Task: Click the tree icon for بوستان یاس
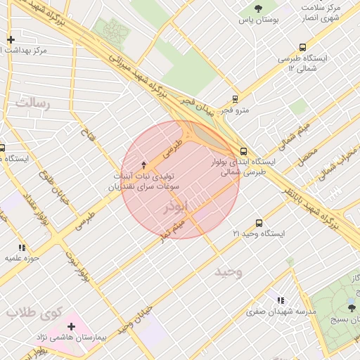(258, 9)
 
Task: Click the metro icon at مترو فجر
(235, 99)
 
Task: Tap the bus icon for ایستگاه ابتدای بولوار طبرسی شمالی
(243, 151)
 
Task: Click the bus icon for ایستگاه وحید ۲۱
(259, 223)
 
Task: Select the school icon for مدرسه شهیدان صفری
(281, 300)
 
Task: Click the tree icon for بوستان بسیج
(352, 308)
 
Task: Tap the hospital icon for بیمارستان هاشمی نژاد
(71, 327)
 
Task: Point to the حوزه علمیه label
(22, 258)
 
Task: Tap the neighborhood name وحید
(228, 271)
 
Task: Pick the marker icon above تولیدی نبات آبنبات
(144, 163)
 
